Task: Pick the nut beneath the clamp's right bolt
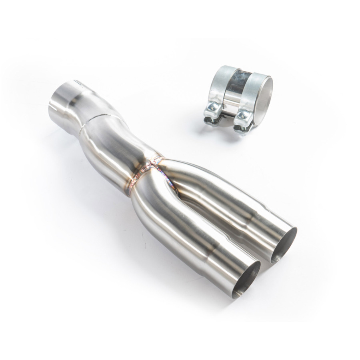(239, 127)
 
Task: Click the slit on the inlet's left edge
(50, 107)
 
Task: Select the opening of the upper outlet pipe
(284, 245)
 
